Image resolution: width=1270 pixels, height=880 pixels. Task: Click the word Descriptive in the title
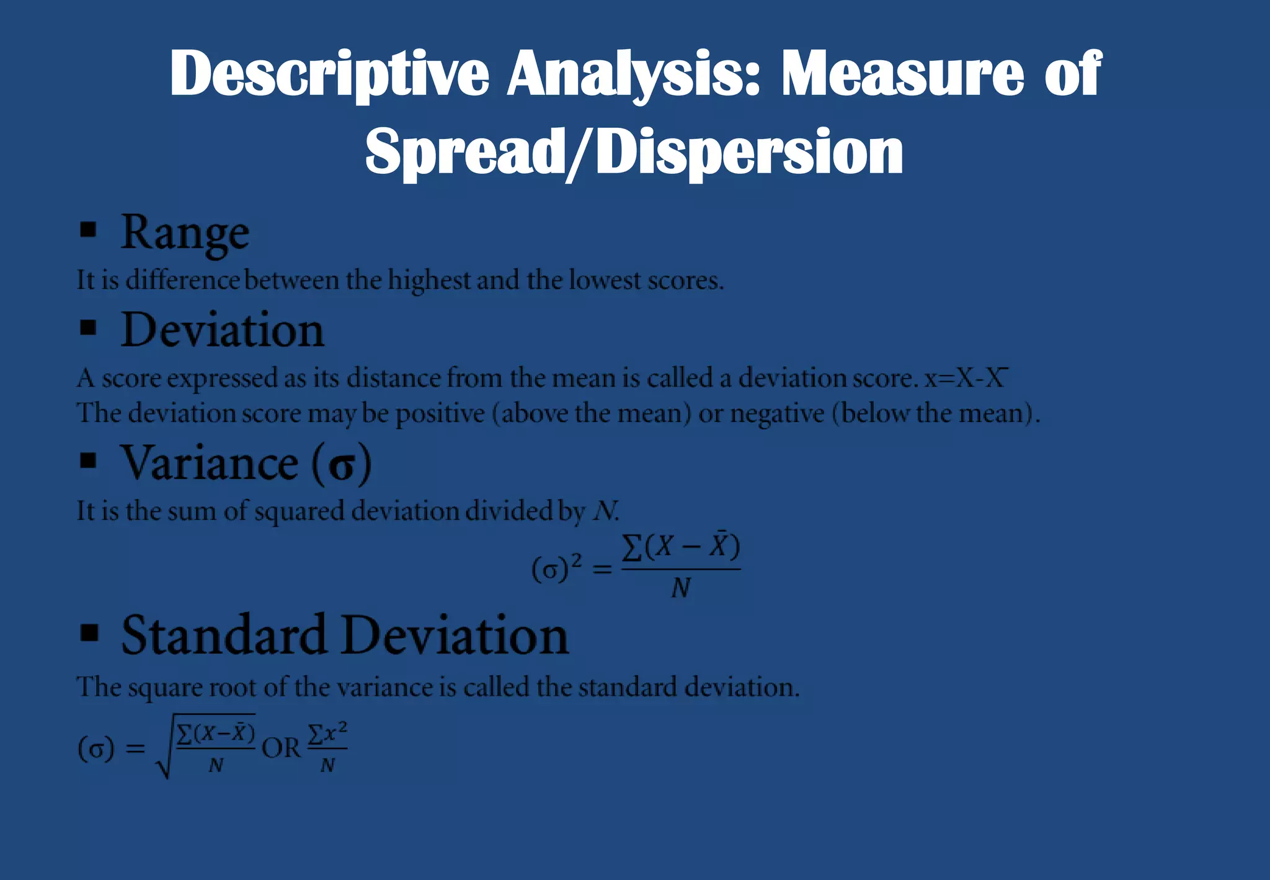[329, 74]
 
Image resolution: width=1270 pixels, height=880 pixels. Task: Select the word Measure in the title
[903, 74]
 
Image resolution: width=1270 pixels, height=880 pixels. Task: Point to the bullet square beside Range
[89, 230]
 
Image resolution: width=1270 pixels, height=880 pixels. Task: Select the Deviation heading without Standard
[222, 330]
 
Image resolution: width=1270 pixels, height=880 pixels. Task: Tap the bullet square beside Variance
[89, 460]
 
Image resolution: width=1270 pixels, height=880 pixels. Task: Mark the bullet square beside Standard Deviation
[90, 632]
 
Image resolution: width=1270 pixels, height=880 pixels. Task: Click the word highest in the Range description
[429, 281]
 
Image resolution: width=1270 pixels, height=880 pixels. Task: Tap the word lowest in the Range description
[605, 281]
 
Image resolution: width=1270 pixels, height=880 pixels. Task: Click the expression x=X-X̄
[965, 378]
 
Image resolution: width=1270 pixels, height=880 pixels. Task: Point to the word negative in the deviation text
[776, 414]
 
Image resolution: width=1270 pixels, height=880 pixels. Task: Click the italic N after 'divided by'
[605, 511]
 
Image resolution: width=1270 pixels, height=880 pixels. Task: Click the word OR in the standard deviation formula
[281, 748]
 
